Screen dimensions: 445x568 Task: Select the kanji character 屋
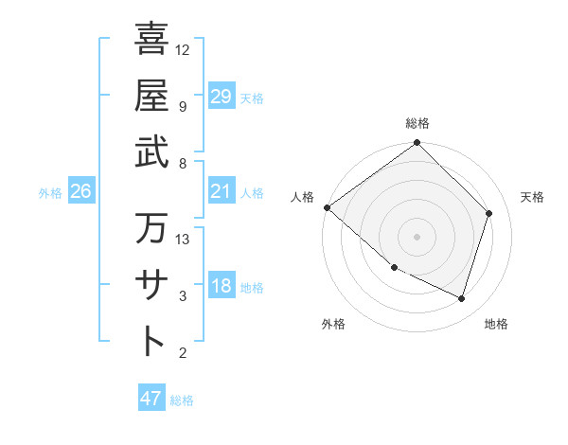coord(151,96)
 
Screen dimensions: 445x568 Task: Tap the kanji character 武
coord(151,152)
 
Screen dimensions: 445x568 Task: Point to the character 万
coord(151,228)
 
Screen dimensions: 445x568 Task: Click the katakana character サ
coord(151,285)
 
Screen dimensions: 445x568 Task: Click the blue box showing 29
coord(222,97)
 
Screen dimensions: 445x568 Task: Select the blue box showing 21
coord(222,192)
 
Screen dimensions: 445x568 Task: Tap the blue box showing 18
coord(222,286)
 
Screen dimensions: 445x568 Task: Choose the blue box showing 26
coord(80,192)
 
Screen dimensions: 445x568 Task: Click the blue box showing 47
coord(151,399)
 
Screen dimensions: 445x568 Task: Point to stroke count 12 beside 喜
coord(183,49)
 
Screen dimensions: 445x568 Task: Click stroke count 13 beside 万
coord(183,239)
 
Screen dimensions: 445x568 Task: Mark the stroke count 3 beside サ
coord(183,297)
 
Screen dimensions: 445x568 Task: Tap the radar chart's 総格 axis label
coord(417,123)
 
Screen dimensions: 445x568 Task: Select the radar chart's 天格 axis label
coord(533,197)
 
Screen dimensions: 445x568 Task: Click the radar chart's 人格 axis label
coord(303,197)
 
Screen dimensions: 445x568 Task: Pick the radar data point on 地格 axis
coord(462,298)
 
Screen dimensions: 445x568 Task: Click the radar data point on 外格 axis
coord(394,268)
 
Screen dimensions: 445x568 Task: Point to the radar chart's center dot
coord(417,236)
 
